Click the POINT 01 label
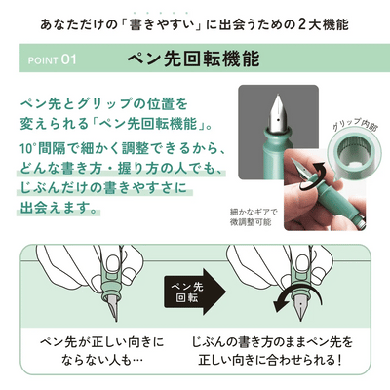[x=52, y=60]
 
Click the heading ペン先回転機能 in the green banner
[x=193, y=58]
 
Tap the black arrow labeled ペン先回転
[x=195, y=292]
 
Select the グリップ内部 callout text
[x=355, y=125]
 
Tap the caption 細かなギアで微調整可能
[x=253, y=217]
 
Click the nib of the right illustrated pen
[x=300, y=308]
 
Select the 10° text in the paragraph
[x=27, y=149]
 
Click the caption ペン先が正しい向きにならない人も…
[x=102, y=351]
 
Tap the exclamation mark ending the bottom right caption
[x=339, y=360]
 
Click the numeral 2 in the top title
[x=302, y=24]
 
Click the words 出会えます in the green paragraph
[x=54, y=208]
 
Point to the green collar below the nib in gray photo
[x=277, y=134]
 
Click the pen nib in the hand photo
[x=300, y=167]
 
